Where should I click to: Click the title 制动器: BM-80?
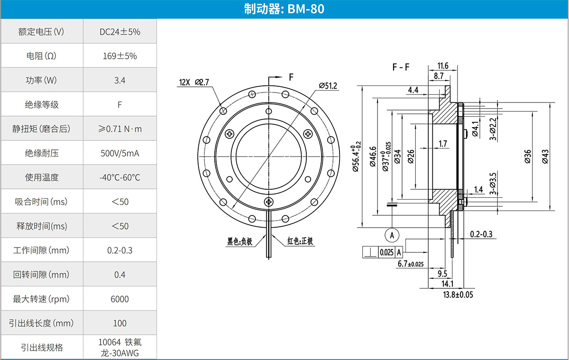[x=284, y=9]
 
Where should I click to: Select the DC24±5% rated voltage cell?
[x=120, y=32]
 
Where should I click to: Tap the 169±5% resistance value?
[x=120, y=56]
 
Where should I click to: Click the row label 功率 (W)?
[x=42, y=80]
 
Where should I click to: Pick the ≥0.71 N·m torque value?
[x=120, y=129]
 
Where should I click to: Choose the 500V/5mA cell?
[x=120, y=153]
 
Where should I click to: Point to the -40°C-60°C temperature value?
[x=120, y=178]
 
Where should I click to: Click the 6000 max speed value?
[x=120, y=299]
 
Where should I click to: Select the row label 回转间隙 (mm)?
[x=42, y=275]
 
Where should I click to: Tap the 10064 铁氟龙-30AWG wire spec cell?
[x=120, y=347]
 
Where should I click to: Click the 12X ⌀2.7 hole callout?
[x=194, y=82]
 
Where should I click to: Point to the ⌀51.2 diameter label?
[x=328, y=86]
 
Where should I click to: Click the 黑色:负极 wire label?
[x=239, y=241]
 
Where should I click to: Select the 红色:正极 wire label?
[x=300, y=241]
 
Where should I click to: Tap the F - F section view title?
[x=401, y=67]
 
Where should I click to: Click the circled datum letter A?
[x=392, y=234]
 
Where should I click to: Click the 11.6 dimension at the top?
[x=443, y=65]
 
